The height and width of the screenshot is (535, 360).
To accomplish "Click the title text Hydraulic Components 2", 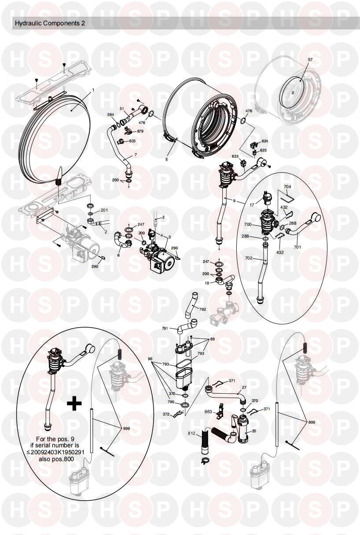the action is (x=50, y=23).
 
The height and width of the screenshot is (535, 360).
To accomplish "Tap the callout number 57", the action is (x=310, y=60).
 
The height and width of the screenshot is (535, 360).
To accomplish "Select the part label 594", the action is (x=110, y=115).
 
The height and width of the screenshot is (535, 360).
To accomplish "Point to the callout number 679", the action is (x=140, y=131).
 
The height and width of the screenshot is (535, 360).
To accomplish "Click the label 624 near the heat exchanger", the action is (x=264, y=141).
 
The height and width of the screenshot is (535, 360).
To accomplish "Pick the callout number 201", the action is (x=104, y=210).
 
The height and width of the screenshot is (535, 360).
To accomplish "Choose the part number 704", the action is (x=288, y=187).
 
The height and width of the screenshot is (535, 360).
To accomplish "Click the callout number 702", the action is (x=249, y=258).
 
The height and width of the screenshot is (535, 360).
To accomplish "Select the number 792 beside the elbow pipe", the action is (x=202, y=309).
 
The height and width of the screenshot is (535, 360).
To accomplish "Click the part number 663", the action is (x=208, y=412).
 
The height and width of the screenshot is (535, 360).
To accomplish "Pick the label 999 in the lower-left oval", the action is (x=126, y=428).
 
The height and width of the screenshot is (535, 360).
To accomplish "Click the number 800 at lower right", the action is (x=311, y=422).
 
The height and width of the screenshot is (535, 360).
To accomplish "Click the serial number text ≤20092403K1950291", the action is (x=57, y=452).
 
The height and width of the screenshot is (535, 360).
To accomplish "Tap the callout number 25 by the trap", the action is (x=254, y=431).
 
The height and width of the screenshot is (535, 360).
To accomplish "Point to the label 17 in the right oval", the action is (x=252, y=205).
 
